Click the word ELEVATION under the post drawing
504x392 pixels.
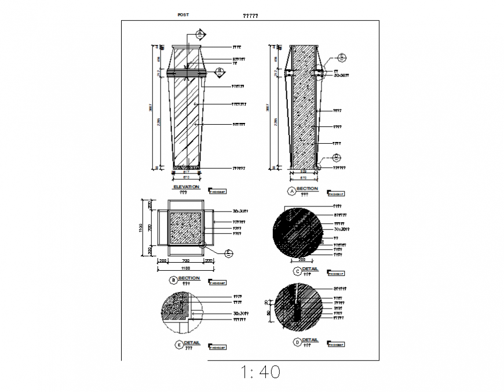[x=186, y=187]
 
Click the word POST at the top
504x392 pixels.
[x=183, y=14]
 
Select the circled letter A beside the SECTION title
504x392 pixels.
[x=291, y=190]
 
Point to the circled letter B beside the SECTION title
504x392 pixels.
[x=173, y=280]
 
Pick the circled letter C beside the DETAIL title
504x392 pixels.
[x=297, y=271]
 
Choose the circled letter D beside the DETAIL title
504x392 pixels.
[x=297, y=342]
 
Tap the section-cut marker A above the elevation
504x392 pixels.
[x=199, y=34]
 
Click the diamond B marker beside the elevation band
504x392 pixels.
[x=220, y=72]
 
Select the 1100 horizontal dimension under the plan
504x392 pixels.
[x=185, y=268]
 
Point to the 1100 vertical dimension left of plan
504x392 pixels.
[x=140, y=228]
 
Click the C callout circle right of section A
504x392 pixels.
[x=342, y=57]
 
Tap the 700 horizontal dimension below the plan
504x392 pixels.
[x=185, y=262]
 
